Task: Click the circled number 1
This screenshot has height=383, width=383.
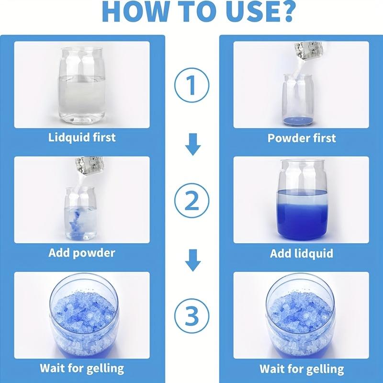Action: (192, 85)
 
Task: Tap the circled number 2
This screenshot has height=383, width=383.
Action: (192, 201)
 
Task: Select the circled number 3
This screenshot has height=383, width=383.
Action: (192, 316)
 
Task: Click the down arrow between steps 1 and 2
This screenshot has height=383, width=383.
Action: (193, 145)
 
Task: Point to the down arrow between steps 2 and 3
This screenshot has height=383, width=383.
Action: (193, 260)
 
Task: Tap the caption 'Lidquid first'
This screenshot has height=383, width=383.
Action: (82, 137)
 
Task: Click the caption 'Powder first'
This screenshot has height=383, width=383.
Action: (302, 138)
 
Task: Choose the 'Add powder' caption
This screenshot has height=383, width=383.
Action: (81, 253)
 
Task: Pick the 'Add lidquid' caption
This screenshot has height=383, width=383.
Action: (302, 253)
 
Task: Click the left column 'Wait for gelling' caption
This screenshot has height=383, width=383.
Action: (82, 369)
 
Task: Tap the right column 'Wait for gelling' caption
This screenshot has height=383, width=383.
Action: (302, 369)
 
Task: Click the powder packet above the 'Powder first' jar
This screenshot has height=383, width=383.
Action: (309, 51)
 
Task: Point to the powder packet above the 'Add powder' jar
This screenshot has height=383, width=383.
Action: (89, 166)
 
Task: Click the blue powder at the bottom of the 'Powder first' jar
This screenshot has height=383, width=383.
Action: (297, 120)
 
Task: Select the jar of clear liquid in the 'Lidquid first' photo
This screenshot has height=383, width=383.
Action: (82, 85)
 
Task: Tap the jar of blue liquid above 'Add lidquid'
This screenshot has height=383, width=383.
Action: (303, 200)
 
